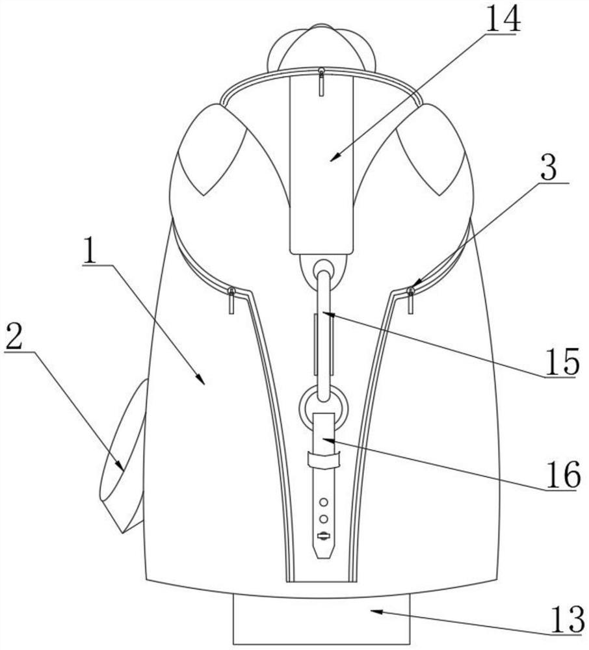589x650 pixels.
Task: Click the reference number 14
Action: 503,19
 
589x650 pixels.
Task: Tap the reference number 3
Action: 549,170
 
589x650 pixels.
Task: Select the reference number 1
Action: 91,252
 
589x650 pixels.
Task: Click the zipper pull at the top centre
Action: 321,81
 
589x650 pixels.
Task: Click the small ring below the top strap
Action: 324,268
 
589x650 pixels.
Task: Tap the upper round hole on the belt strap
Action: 323,502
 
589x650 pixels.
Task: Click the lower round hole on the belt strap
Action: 323,518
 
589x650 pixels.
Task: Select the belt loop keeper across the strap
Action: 323,460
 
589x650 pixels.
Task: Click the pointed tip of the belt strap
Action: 323,554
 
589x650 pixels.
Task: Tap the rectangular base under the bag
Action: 322,621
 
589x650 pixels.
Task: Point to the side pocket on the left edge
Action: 124,458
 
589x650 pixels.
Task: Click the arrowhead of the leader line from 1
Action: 203,382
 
